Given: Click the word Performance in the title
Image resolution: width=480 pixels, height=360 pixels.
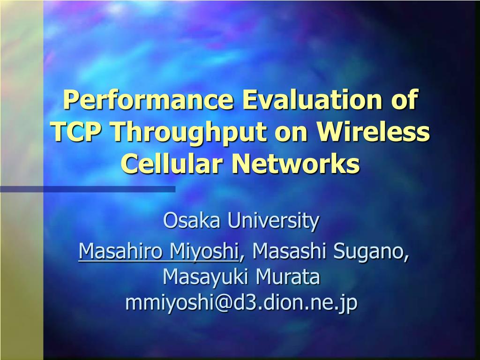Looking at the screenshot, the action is point(148,100).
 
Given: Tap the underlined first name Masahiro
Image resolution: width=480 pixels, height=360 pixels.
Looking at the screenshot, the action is point(120,251).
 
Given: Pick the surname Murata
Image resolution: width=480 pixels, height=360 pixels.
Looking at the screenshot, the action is point(288,277).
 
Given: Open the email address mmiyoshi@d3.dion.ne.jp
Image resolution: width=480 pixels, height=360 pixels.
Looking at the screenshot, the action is point(241,304).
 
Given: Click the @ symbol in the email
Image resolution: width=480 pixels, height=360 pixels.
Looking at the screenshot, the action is point(223,304).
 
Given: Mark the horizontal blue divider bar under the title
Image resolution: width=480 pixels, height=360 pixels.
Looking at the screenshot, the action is point(88,189).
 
